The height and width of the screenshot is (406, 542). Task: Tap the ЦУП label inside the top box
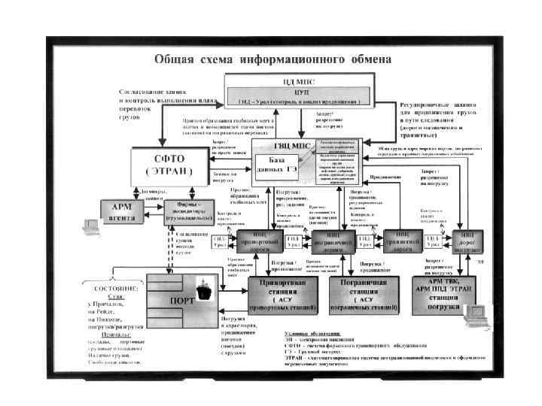click(299, 91)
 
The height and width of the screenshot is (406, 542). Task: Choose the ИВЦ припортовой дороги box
click(258, 241)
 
